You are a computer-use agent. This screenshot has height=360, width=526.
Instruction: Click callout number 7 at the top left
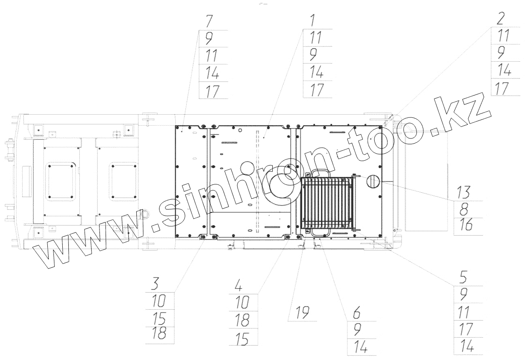coord(209,21)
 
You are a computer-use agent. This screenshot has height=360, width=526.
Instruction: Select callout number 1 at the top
coord(313,20)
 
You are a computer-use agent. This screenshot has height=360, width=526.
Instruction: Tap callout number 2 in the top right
coord(501,18)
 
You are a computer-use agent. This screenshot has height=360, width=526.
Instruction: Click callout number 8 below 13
coord(464,209)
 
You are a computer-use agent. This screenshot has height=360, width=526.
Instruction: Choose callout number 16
coord(465,225)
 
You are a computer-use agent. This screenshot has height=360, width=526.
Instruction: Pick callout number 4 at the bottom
coord(238,286)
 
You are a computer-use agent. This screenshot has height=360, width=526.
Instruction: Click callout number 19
coord(302,313)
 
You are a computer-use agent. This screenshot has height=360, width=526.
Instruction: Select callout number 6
coord(357,313)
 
